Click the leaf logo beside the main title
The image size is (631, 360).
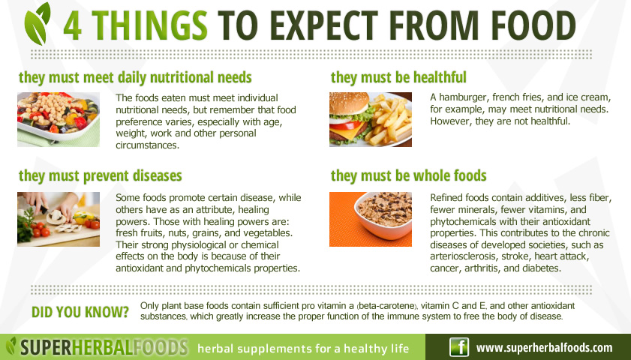pyautogui.click(x=37, y=23)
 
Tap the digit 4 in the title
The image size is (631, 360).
pyautogui.click(x=73, y=25)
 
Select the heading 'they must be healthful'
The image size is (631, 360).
pyautogui.click(x=398, y=77)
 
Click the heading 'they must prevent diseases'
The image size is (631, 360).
pyautogui.click(x=101, y=176)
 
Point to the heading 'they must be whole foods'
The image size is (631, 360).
pyautogui.click(x=408, y=175)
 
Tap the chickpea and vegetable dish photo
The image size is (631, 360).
pyautogui.click(x=59, y=119)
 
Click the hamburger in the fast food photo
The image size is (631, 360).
pyautogui.click(x=350, y=118)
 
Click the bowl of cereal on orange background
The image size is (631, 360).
pyautogui.click(x=383, y=214)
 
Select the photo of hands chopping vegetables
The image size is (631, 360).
pyautogui.click(x=59, y=219)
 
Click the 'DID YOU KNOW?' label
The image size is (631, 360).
pyautogui.click(x=80, y=312)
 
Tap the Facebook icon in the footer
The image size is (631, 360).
pyautogui.click(x=460, y=346)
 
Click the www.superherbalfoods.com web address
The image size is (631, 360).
pyautogui.click(x=544, y=347)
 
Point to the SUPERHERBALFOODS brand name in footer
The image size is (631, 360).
pyautogui.click(x=104, y=347)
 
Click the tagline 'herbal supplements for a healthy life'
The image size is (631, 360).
pyautogui.click(x=303, y=348)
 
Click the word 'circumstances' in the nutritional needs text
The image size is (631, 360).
pyautogui.click(x=147, y=145)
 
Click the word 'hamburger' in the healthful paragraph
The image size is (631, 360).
pyautogui.click(x=463, y=97)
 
